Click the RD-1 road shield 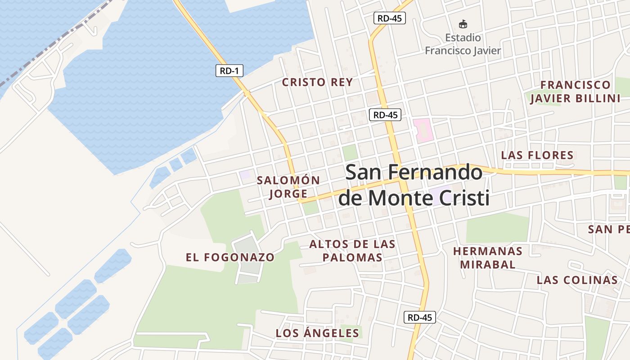[x=229, y=71]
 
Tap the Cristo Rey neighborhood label [x=317, y=82]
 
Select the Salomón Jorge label [x=288, y=187]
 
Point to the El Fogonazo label [x=230, y=257]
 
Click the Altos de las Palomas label [x=352, y=251]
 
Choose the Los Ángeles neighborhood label [x=317, y=333]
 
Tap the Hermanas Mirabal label [x=488, y=257]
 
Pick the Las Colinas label [x=577, y=280]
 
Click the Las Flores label [x=537, y=155]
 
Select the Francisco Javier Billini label [x=575, y=91]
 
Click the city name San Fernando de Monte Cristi [x=414, y=185]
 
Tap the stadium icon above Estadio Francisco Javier [x=463, y=24]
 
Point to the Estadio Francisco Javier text [x=463, y=44]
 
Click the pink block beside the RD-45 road [x=423, y=130]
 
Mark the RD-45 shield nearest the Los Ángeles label [x=419, y=317]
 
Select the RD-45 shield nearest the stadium [x=390, y=18]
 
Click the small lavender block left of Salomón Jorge [x=245, y=175]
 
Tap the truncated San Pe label [x=608, y=229]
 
